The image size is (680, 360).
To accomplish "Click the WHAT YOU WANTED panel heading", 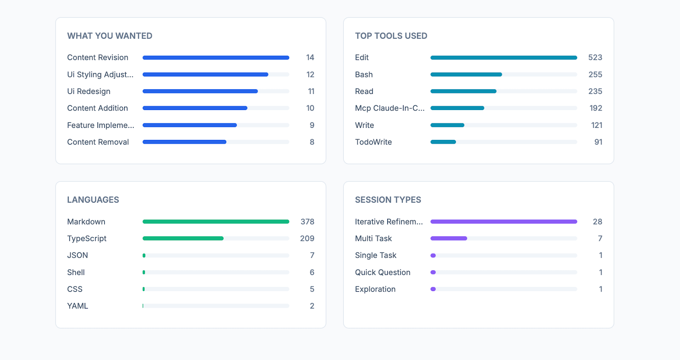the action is pyautogui.click(x=110, y=36).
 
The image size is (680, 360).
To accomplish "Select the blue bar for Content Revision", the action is pyautogui.click(x=216, y=58).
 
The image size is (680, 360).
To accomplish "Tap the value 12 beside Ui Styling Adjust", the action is pyautogui.click(x=310, y=74).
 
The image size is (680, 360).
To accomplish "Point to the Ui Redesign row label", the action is pyautogui.click(x=89, y=91).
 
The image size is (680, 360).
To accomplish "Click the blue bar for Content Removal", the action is pyautogui.click(x=184, y=142).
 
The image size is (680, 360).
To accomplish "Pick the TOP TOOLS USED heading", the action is pyautogui.click(x=391, y=36).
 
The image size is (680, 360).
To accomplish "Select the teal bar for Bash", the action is pyautogui.click(x=466, y=74).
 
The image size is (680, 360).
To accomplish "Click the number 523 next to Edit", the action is pyautogui.click(x=595, y=58).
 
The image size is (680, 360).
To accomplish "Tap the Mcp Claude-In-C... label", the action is pyautogui.click(x=390, y=108).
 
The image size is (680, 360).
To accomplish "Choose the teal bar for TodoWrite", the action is pyautogui.click(x=443, y=142).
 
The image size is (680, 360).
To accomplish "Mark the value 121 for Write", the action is pyautogui.click(x=597, y=125).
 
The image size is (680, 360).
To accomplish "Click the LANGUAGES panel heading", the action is pyautogui.click(x=93, y=200).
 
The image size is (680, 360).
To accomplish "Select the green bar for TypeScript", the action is pyautogui.click(x=183, y=238).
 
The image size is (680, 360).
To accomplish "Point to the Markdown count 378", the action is pyautogui.click(x=307, y=221).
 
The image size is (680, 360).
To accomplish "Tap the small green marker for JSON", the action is pyautogui.click(x=144, y=255).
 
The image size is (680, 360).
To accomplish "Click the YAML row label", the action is pyautogui.click(x=77, y=306).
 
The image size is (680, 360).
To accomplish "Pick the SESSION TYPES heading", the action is pyautogui.click(x=388, y=200).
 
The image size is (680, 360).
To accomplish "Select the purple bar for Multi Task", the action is pyautogui.click(x=449, y=238).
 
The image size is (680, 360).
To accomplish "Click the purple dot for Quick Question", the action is pyautogui.click(x=433, y=272).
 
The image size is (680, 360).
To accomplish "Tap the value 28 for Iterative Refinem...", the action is pyautogui.click(x=598, y=221).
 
